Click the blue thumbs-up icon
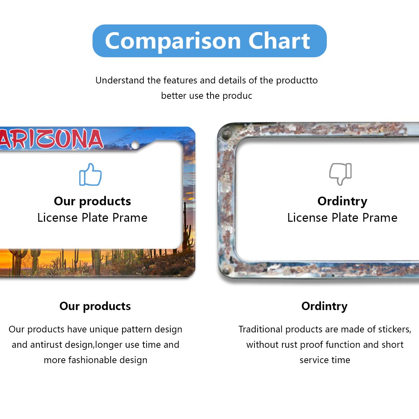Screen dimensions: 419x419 tap(90, 174)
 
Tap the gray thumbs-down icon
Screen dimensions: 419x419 tap(340, 174)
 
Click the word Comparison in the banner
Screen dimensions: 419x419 tap(173, 41)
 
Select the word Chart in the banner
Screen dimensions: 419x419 tap(279, 41)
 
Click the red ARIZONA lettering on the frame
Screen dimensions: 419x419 tap(51, 139)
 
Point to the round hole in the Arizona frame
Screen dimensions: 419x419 tap(135, 145)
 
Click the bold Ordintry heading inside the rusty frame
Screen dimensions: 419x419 tap(342, 201)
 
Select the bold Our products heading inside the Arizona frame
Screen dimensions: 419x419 tap(93, 201)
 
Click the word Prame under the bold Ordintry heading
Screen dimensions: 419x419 tap(380, 218)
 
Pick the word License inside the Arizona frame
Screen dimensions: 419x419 tap(57, 218)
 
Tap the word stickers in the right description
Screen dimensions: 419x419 tap(395, 330)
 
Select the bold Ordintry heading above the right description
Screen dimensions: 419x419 tap(324, 307)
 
